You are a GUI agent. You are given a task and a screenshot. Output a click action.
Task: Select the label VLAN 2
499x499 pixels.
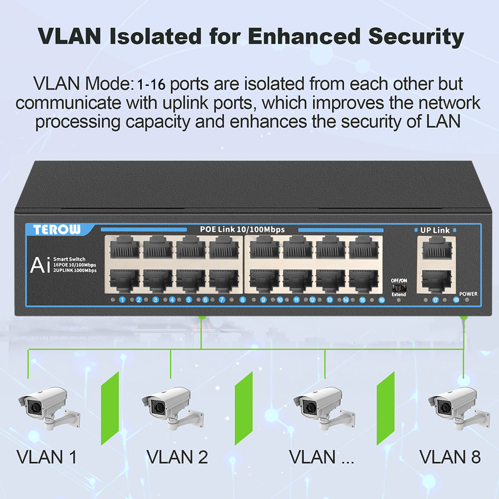point(177,456)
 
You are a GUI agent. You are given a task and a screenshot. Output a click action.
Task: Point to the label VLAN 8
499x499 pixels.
point(450,456)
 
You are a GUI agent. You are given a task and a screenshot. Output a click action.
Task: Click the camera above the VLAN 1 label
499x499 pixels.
point(47,407)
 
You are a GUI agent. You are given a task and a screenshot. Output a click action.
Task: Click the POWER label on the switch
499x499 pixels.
point(469,294)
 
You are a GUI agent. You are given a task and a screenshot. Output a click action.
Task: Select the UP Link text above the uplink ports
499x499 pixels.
point(435,230)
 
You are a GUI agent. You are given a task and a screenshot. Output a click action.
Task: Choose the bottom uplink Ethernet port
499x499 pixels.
point(436,280)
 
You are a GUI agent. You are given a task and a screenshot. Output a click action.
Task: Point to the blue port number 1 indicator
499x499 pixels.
point(122,300)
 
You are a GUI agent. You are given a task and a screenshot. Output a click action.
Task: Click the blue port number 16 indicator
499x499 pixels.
point(381,300)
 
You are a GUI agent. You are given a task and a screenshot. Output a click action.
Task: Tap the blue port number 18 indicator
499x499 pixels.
point(456,300)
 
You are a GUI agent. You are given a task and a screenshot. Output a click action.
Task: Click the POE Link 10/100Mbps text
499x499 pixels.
point(242,230)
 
